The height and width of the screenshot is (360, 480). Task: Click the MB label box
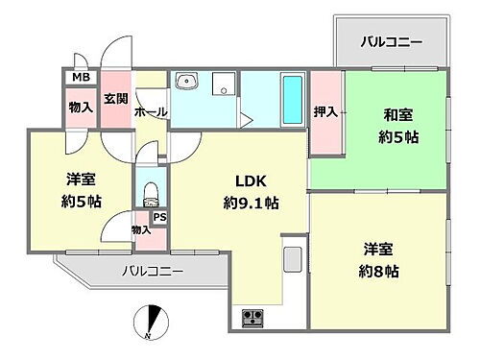coord(79,77)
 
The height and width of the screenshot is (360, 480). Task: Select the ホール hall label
coord(151,112)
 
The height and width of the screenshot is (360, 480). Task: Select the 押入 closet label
coord(326,113)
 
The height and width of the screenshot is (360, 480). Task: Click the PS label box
coord(157,218)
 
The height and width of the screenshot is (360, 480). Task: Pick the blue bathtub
coord(291,98)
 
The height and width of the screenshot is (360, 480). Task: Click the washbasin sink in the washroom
coord(187,82)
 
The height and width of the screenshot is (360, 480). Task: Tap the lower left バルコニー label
coord(151,272)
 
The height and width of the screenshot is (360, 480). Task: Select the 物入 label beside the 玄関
coord(80,108)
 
